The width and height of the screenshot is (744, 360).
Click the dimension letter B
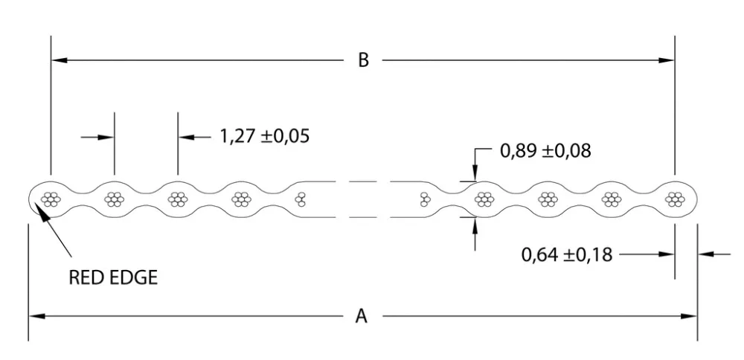(x=363, y=60)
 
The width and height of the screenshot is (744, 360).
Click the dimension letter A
(x=362, y=316)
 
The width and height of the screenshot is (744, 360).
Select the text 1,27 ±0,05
(x=264, y=137)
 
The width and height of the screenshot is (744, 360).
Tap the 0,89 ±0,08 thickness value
(x=545, y=151)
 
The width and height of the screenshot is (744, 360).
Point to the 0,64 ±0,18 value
(x=567, y=254)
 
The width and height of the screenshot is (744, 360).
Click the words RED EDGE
(x=113, y=278)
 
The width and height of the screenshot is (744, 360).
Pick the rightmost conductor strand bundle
(x=675, y=199)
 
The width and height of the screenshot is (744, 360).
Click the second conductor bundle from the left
(x=114, y=199)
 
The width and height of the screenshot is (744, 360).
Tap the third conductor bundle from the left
(x=177, y=199)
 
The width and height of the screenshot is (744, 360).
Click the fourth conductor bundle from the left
(x=240, y=199)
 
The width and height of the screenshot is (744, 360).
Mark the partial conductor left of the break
(x=301, y=199)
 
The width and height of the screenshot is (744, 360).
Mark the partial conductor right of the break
(x=425, y=199)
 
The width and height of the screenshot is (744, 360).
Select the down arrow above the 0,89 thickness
(x=475, y=175)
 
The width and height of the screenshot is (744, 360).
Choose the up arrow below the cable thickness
(x=475, y=222)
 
